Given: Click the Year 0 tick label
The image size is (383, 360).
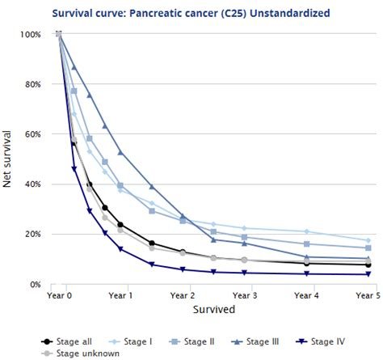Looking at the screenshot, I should [59, 297].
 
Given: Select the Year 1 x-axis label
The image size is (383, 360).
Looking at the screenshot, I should [120, 297].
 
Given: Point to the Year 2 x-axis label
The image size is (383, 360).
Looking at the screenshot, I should [183, 297].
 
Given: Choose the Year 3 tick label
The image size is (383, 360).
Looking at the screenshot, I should [244, 297].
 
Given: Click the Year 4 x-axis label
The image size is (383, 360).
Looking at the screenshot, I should [306, 297].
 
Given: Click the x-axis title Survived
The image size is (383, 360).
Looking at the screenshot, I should [213, 310].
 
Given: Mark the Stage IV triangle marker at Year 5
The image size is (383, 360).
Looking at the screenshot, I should [368, 274].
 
